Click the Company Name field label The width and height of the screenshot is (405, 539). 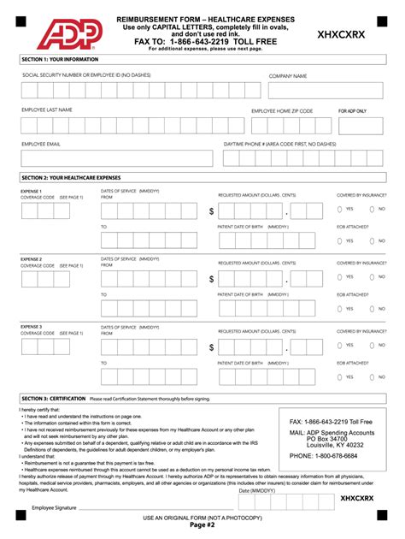point(288,76)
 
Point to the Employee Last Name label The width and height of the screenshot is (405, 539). point(47,110)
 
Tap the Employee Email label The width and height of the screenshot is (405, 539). point(41,145)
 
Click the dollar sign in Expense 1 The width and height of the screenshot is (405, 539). point(211,211)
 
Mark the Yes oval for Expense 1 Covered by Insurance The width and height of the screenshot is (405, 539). point(339,209)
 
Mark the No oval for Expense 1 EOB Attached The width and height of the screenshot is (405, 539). point(372,241)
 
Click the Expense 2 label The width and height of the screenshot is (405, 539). point(32,258)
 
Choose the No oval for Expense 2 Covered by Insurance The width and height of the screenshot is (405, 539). point(372,276)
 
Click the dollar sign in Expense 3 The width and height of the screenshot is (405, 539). point(211,347)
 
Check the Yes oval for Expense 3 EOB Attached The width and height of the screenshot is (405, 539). point(339,376)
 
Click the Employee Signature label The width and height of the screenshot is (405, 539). point(54,507)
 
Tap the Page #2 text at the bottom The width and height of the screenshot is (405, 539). point(202,526)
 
